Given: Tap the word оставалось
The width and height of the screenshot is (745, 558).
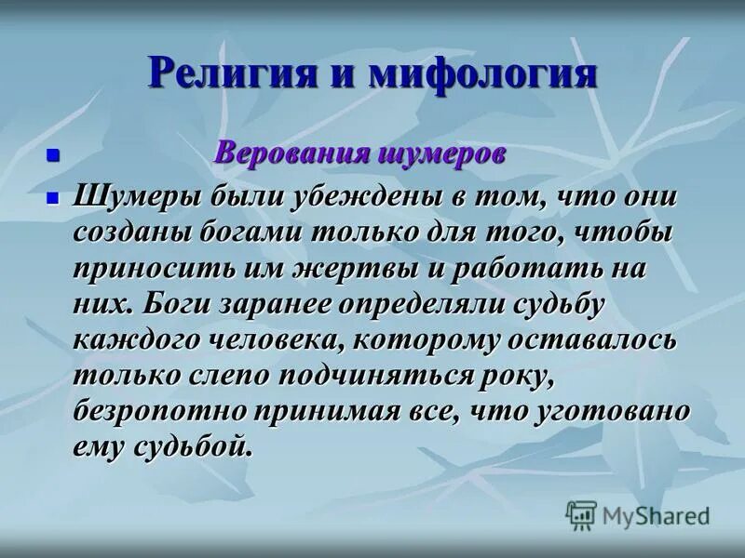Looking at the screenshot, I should (591, 340).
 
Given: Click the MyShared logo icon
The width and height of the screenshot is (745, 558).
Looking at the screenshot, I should (581, 514).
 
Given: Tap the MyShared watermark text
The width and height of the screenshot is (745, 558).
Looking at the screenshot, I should (656, 515).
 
